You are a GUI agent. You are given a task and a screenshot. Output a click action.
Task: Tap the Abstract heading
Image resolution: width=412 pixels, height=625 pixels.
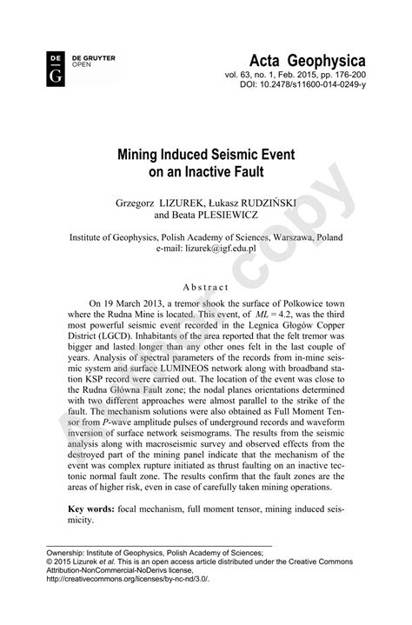[x=206, y=287]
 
